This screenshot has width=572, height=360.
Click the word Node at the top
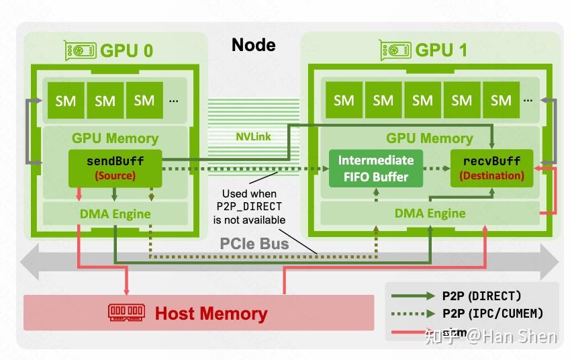pyautogui.click(x=253, y=45)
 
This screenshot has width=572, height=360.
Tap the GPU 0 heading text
pyautogui.click(x=126, y=50)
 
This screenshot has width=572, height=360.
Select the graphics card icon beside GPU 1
pyautogui.click(x=395, y=50)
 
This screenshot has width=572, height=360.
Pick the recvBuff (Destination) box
pyautogui.click(x=491, y=168)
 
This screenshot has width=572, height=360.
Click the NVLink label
pyautogui.click(x=253, y=136)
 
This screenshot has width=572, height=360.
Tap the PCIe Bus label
pyautogui.click(x=254, y=243)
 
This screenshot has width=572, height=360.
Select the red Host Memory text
pyautogui.click(x=211, y=314)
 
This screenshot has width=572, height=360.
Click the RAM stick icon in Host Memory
pyautogui.click(x=127, y=313)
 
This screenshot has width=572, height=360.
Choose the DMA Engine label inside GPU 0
pyautogui.click(x=115, y=214)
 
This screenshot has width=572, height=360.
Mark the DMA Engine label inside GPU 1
pyautogui.click(x=429, y=214)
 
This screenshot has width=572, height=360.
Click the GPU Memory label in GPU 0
pyautogui.click(x=115, y=138)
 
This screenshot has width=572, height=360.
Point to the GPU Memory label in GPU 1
pyautogui.click(x=429, y=138)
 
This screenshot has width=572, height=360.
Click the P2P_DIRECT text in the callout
pyautogui.click(x=249, y=207)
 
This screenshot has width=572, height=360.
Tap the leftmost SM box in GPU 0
pyautogui.click(x=65, y=101)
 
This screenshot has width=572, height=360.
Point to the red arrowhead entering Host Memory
pyautogui.click(x=126, y=291)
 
